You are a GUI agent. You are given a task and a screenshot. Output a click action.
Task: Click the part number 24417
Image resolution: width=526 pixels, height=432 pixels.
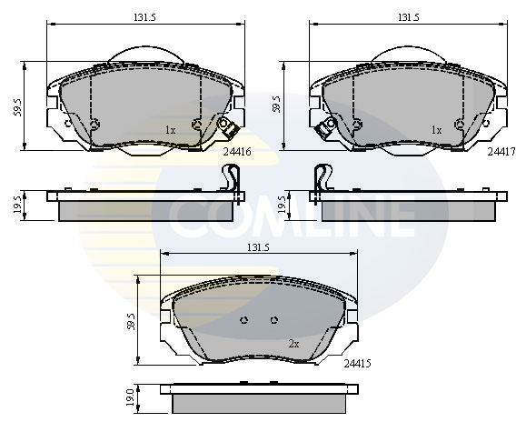pos(501,152)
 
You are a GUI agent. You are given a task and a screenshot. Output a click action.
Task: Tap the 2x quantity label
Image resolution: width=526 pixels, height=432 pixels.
pos(293,344)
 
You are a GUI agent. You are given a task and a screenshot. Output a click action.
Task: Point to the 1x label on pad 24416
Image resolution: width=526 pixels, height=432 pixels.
pos(170,130)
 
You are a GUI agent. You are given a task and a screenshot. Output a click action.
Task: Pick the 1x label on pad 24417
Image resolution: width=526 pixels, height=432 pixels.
pos(436,130)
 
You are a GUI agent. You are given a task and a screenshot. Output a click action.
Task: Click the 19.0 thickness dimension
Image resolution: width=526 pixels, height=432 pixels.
pos(131,397)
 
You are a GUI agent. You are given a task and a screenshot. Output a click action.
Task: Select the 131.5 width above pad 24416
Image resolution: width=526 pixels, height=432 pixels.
pos(142,17)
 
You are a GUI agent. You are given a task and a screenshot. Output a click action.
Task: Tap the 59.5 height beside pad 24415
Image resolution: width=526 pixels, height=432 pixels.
pos(132,321)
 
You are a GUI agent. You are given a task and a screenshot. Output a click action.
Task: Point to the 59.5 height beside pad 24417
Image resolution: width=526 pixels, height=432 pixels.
pos(276,106)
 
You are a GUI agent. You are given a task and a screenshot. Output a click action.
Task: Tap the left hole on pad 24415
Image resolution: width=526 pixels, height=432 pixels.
pos(245,320)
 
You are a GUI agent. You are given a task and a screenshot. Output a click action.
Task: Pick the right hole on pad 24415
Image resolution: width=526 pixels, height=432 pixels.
pos(273,320)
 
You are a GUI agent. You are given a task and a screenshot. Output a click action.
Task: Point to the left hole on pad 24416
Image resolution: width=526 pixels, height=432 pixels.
pos(94,125)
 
